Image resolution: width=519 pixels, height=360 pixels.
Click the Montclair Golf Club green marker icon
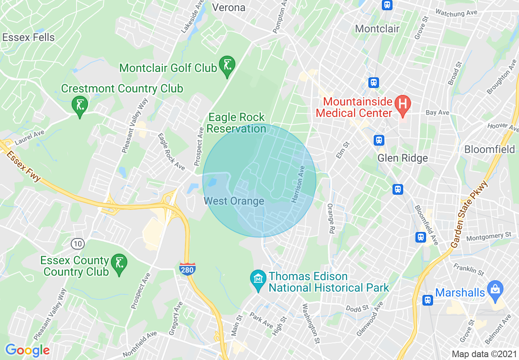click(x=227, y=65)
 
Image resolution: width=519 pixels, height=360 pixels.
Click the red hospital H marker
click(x=403, y=104)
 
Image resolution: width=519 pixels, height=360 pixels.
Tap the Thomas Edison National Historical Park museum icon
click(x=258, y=280)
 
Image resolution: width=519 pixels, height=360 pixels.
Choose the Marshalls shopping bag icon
click(x=495, y=289)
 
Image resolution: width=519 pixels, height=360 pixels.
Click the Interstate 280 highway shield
click(x=187, y=268)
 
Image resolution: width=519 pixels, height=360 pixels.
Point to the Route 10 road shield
click(x=77, y=244)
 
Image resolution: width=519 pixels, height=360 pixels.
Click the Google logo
click(x=27, y=350)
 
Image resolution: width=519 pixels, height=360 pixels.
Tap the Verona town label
click(x=229, y=7)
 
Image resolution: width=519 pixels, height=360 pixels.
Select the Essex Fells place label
click(x=28, y=38)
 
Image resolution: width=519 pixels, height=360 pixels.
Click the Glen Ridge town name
click(x=402, y=158)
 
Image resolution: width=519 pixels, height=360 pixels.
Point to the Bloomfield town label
click(x=490, y=149)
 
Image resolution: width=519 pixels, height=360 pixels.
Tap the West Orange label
click(x=234, y=201)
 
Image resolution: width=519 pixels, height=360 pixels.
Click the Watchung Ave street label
click(x=456, y=13)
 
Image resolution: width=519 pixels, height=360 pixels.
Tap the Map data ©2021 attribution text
click(x=483, y=353)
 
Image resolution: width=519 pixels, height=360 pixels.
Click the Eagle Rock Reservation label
click(x=236, y=123)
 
